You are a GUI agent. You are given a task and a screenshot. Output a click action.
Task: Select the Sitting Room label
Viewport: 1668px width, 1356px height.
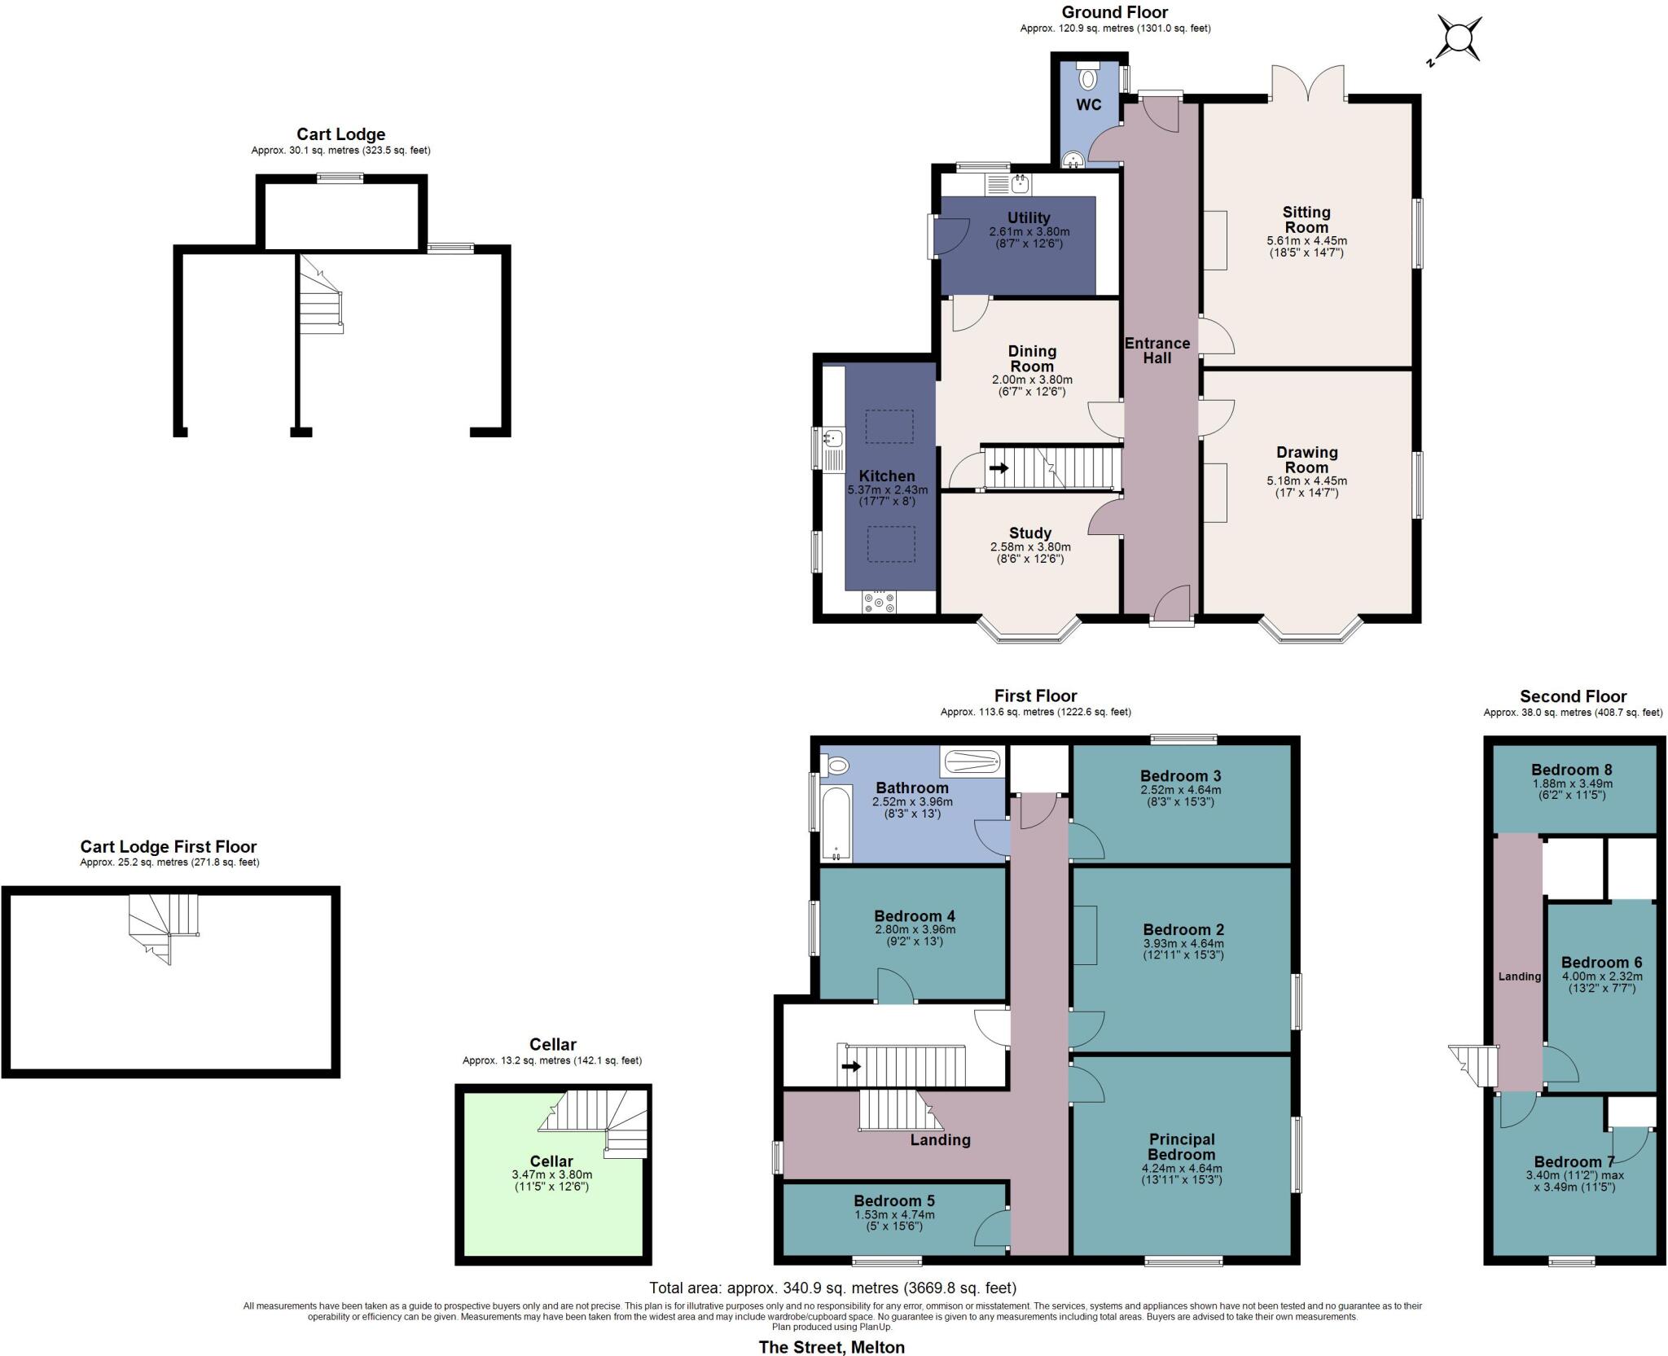coord(1306,219)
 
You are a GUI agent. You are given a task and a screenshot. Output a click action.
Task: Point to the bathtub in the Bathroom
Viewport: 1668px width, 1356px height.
coord(836,823)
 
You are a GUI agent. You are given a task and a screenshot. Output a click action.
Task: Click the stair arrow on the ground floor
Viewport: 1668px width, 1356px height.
coord(998,468)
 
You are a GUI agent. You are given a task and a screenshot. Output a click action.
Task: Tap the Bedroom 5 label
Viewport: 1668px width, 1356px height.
coord(893,1200)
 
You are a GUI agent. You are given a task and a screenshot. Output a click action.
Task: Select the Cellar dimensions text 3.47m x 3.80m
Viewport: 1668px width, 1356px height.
coord(551,1174)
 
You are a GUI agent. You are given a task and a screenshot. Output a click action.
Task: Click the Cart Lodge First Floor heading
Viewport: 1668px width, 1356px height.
coord(169,847)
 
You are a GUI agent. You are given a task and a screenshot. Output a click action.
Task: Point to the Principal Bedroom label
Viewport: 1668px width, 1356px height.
coord(1181,1147)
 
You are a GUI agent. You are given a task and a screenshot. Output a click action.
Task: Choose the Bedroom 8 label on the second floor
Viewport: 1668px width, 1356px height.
coord(1571,770)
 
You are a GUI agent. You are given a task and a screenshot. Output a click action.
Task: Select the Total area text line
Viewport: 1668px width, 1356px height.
coord(832,1288)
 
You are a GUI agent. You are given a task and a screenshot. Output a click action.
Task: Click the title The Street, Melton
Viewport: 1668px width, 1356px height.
coord(832,1347)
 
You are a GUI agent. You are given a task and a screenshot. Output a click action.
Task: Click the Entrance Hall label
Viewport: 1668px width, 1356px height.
coord(1157,350)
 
